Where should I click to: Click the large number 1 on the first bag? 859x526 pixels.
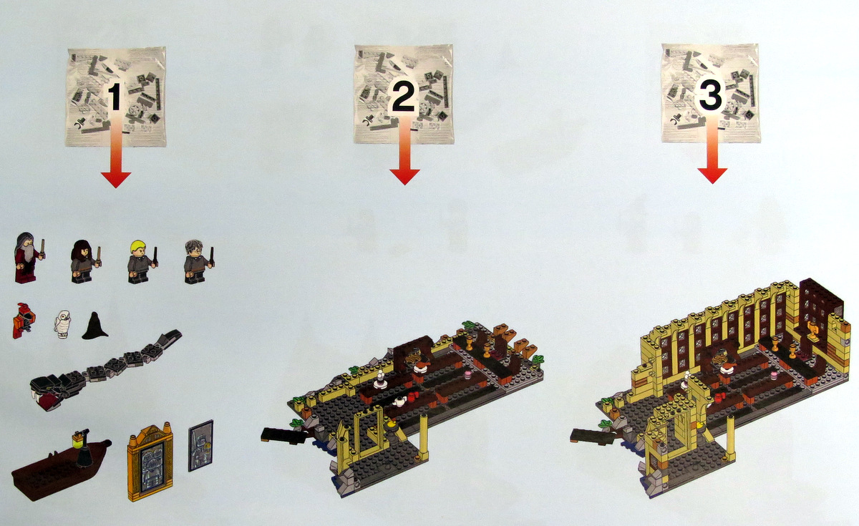point(116,97)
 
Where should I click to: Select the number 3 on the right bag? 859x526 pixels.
point(711,96)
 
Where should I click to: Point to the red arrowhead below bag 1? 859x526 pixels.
point(116,180)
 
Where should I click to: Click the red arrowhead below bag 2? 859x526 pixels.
point(404,177)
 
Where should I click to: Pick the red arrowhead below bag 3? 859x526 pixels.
point(712,175)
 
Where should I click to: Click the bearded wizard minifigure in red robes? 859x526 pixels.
point(27,257)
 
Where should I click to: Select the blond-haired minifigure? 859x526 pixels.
point(141,261)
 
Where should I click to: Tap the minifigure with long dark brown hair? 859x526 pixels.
point(84,261)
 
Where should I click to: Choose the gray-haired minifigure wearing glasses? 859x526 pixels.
point(198,261)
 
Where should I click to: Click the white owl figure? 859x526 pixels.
point(62,324)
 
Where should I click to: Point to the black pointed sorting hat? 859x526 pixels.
point(94,326)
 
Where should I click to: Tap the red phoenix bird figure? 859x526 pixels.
point(24,321)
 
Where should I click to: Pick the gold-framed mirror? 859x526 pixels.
point(150,462)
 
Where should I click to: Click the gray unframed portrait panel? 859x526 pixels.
point(200,446)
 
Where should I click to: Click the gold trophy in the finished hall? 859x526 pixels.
point(812,331)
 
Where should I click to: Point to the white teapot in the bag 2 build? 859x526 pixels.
point(399,401)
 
